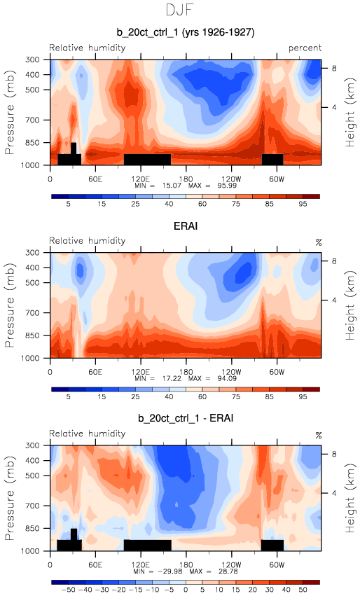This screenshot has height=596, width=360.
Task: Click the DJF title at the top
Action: click(x=180, y=10)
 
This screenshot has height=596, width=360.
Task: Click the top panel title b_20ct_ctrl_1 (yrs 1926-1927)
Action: click(x=186, y=32)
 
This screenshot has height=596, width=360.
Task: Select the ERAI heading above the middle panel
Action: click(x=186, y=226)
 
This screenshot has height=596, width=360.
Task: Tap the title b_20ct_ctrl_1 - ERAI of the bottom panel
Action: click(x=186, y=418)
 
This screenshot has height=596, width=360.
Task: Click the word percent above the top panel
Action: click(x=305, y=48)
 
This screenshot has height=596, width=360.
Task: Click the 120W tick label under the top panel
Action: click(x=231, y=179)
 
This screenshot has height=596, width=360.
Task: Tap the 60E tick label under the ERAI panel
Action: click(x=95, y=372)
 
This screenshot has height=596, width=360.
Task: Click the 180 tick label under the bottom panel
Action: click(x=186, y=564)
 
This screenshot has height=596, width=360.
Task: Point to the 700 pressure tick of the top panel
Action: click(x=32, y=120)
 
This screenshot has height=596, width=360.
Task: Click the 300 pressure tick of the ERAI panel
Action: click(x=32, y=252)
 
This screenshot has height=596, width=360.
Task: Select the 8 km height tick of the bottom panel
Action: click(x=334, y=454)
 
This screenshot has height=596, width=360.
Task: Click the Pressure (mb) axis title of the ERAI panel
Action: click(x=10, y=305)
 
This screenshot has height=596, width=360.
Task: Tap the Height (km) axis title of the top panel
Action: click(x=349, y=113)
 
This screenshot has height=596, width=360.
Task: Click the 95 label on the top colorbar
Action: click(x=303, y=204)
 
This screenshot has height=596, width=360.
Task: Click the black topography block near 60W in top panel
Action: click(x=272, y=159)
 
